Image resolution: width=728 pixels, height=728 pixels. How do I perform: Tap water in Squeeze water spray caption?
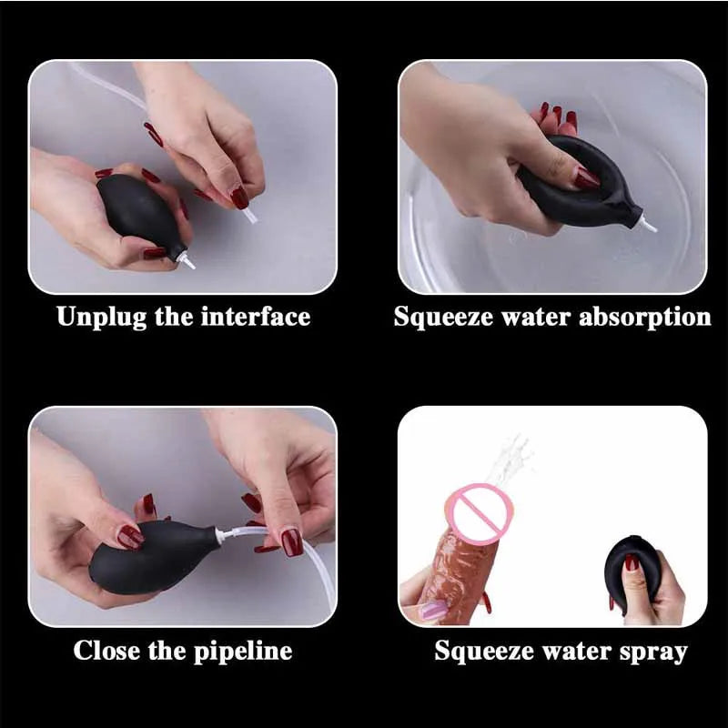click(574, 651)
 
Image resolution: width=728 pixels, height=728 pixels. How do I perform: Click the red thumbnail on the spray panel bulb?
click(631, 562)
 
